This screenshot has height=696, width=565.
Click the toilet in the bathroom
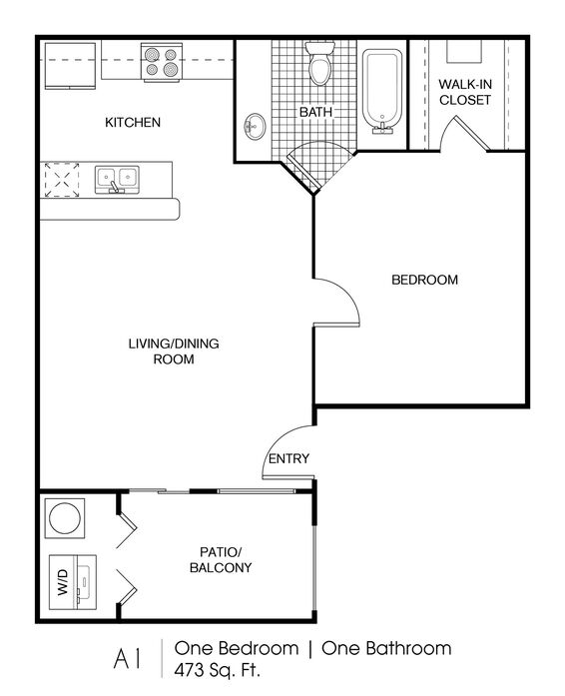pos(319,63)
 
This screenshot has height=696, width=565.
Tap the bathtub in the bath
pos(382,92)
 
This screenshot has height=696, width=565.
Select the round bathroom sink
pos(255,127)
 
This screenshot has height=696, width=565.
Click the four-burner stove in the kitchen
pos(162,62)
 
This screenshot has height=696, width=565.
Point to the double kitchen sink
pos(117,180)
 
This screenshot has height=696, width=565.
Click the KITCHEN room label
pos(133,122)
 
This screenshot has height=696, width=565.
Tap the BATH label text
pos(315,112)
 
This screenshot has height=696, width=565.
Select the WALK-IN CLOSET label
pos(465,92)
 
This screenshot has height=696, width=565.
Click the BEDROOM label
pos(425,280)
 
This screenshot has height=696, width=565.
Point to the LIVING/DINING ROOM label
pos(174,351)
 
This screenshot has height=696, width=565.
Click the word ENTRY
pos(288,458)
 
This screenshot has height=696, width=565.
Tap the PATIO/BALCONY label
pos(221,560)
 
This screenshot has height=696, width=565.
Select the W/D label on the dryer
pos(63,582)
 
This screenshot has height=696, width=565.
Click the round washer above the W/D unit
pos(65,518)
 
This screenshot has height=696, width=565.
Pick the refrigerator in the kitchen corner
pos(70,65)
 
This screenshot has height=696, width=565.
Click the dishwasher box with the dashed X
pos(62,180)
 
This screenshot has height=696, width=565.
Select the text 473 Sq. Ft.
pos(217,670)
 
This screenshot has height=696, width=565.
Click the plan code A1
pos(128,659)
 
